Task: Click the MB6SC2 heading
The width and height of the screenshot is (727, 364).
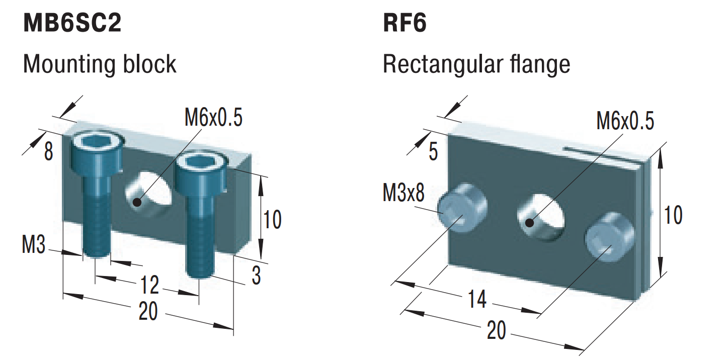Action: coord(72,24)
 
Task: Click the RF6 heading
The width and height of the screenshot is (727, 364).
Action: coord(405,24)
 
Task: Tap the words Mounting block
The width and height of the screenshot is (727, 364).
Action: coord(100,64)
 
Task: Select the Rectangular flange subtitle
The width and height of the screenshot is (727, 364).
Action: coord(476,64)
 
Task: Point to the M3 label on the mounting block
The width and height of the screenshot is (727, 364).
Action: coord(34,245)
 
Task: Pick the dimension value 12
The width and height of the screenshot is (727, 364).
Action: coord(149,286)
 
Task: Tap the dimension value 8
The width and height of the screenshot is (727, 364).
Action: coord(48,151)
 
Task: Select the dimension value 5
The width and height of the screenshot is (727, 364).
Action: coord(433,152)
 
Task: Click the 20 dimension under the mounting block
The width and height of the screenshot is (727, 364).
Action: coord(148,313)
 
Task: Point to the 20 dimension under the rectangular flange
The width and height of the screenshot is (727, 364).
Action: coord(497,331)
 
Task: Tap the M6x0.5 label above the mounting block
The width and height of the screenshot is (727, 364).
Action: coord(213,118)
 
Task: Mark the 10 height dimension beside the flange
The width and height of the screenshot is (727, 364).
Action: coord(673,215)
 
